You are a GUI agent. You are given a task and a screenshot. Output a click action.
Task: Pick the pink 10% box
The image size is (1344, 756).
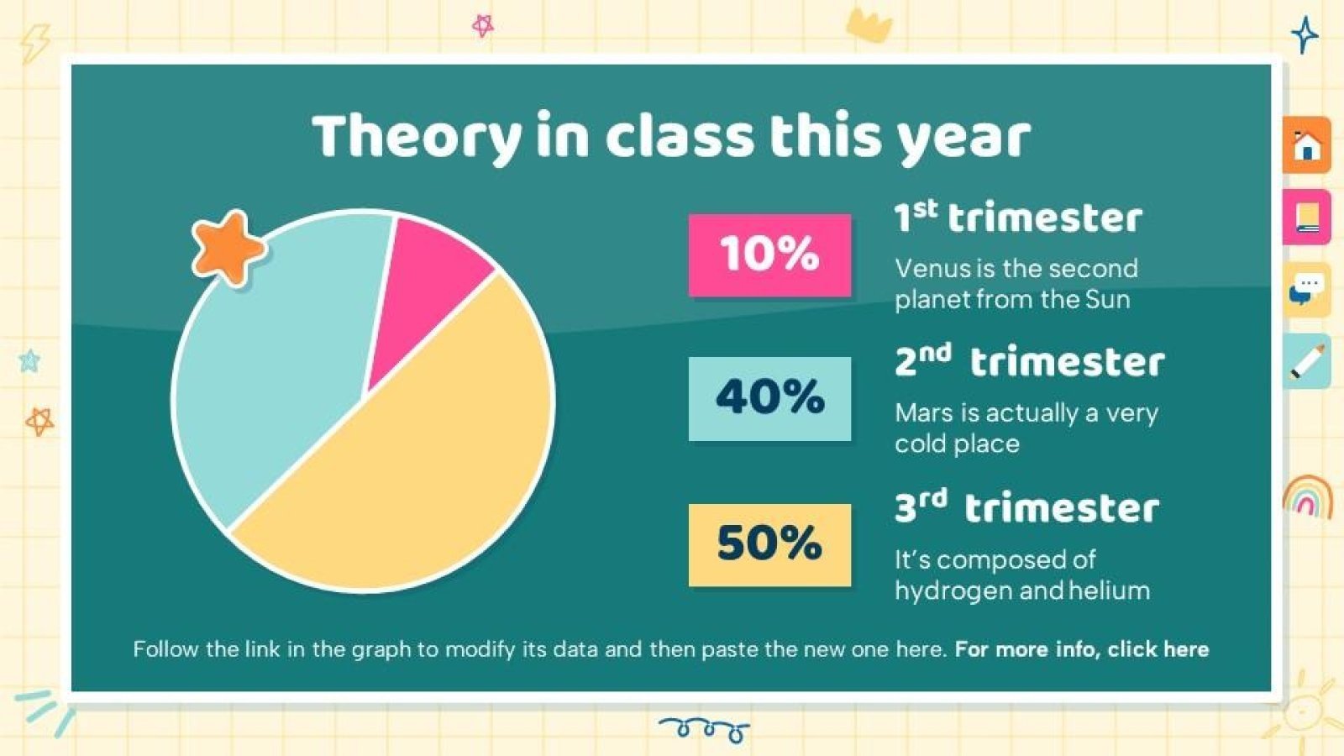769,255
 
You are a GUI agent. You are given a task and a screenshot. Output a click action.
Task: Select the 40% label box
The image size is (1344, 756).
769,398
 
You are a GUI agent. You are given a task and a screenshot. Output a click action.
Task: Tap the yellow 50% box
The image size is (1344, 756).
769,544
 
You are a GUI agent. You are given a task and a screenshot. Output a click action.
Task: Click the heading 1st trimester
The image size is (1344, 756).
1017,218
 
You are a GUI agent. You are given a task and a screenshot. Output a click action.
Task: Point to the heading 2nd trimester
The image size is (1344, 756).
1029,362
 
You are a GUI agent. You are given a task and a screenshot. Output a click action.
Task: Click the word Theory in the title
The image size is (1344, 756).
417,137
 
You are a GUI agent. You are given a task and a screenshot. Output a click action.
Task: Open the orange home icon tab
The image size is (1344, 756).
1306,145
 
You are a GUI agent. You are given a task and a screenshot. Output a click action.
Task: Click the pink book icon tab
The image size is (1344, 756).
1306,217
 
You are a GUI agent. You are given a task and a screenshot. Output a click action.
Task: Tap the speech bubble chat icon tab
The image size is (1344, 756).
1306,289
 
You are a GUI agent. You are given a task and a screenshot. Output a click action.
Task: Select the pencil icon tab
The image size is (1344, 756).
1306,361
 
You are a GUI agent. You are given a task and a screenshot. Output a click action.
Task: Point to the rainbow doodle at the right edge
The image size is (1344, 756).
1307,496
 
